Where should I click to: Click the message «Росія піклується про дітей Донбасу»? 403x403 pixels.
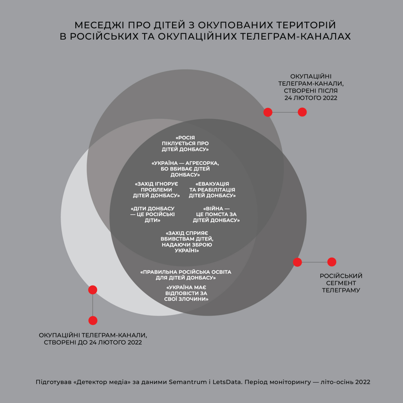tap(185, 143)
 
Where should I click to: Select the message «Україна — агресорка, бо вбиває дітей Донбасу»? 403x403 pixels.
tap(185, 169)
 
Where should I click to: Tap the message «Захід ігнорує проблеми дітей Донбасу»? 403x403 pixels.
tap(156, 190)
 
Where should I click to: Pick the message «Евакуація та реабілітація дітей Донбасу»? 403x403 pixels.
tap(212, 190)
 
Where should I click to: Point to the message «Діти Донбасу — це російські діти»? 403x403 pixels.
tap(152, 214)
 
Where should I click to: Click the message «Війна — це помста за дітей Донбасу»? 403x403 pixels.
tap(216, 214)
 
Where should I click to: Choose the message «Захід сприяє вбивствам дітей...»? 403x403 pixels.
tap(187, 242)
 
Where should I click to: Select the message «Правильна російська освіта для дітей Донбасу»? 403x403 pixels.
tap(186, 275)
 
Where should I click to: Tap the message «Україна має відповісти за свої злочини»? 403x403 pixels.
tap(186, 293)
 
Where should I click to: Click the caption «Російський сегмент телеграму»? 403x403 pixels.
tap(341, 283)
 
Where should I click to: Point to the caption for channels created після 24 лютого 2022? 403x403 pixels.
tap(311, 87)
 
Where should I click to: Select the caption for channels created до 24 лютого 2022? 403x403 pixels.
tap(93, 339)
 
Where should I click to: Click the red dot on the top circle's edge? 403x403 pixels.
tap(268, 112)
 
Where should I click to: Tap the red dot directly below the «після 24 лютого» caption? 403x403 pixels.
tap(302, 112)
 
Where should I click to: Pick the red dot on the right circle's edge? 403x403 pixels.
tap(297, 262)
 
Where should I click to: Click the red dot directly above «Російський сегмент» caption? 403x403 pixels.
tap(332, 262)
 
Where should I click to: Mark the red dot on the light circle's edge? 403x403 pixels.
tap(93, 290)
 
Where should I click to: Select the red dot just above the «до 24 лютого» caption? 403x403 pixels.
tap(93, 320)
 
